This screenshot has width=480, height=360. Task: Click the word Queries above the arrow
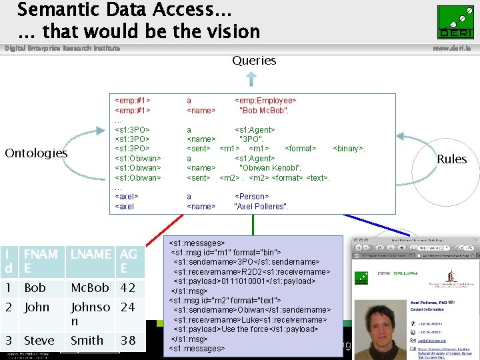point(254,61)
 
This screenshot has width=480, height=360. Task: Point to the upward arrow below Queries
point(251,79)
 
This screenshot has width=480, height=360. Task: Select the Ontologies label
point(36,153)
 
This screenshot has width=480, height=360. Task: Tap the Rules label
point(451,159)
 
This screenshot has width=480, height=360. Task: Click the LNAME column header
point(91,254)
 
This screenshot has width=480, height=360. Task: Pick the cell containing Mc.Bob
point(89,288)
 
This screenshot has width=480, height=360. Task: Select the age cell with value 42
point(128,288)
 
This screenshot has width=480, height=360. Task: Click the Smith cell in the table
point(87,340)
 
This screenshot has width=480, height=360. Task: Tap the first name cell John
point(37,307)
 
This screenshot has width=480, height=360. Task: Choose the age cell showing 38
point(128,340)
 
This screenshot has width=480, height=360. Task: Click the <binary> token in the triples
point(349,148)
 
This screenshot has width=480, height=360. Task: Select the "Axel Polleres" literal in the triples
point(261,207)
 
